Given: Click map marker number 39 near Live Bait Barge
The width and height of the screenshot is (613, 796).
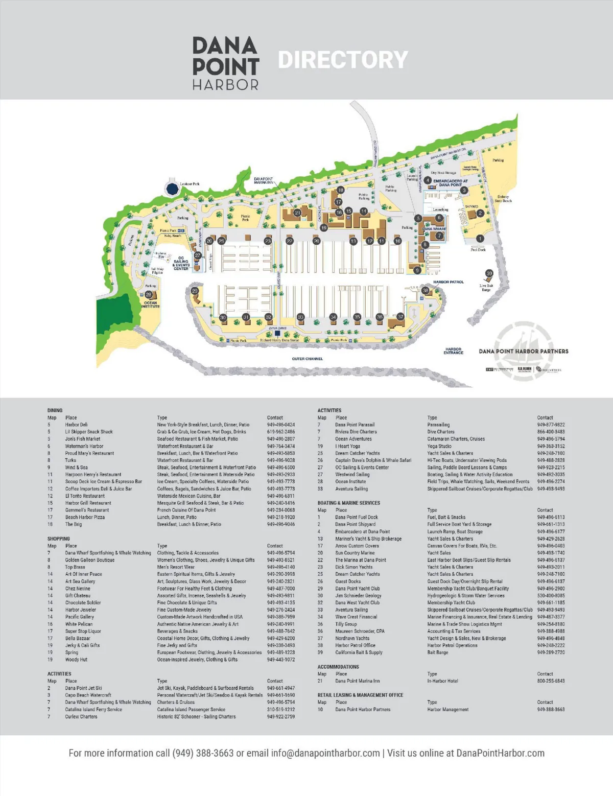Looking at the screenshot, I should pyautogui.click(x=489, y=273).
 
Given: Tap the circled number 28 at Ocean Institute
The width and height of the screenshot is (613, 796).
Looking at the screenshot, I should pyautogui.click(x=148, y=295).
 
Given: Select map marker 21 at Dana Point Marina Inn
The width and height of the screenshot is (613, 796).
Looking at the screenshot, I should pyautogui.click(x=297, y=213).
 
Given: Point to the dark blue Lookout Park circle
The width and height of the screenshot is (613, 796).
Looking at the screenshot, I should pyautogui.click(x=172, y=189).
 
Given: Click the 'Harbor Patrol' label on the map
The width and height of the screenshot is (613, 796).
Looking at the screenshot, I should pyautogui.click(x=448, y=282).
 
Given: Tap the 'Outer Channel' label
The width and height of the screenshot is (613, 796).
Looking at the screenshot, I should pyautogui.click(x=307, y=359).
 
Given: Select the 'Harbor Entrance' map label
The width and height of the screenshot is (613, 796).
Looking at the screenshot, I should pyautogui.click(x=453, y=351).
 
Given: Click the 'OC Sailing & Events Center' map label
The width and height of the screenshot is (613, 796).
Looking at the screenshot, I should pyautogui.click(x=181, y=264).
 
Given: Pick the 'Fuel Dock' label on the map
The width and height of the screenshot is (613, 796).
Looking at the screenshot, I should pyautogui.click(x=478, y=250).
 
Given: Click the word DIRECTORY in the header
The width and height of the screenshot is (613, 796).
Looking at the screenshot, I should pyautogui.click(x=343, y=60).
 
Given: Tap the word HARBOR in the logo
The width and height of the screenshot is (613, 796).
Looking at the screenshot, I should pyautogui.click(x=225, y=85).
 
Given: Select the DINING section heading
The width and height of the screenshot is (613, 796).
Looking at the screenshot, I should pyautogui.click(x=55, y=410).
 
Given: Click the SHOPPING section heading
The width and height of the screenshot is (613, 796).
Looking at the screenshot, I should pyautogui.click(x=58, y=539).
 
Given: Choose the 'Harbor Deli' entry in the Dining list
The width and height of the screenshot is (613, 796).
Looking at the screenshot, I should pyautogui.click(x=76, y=425).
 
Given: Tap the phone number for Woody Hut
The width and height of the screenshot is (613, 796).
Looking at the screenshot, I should pyautogui.click(x=280, y=660).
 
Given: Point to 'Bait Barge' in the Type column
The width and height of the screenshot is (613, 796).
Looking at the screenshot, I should pyautogui.click(x=438, y=652).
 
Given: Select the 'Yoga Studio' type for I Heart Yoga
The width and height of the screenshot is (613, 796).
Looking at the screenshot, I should pyautogui.click(x=440, y=446).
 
